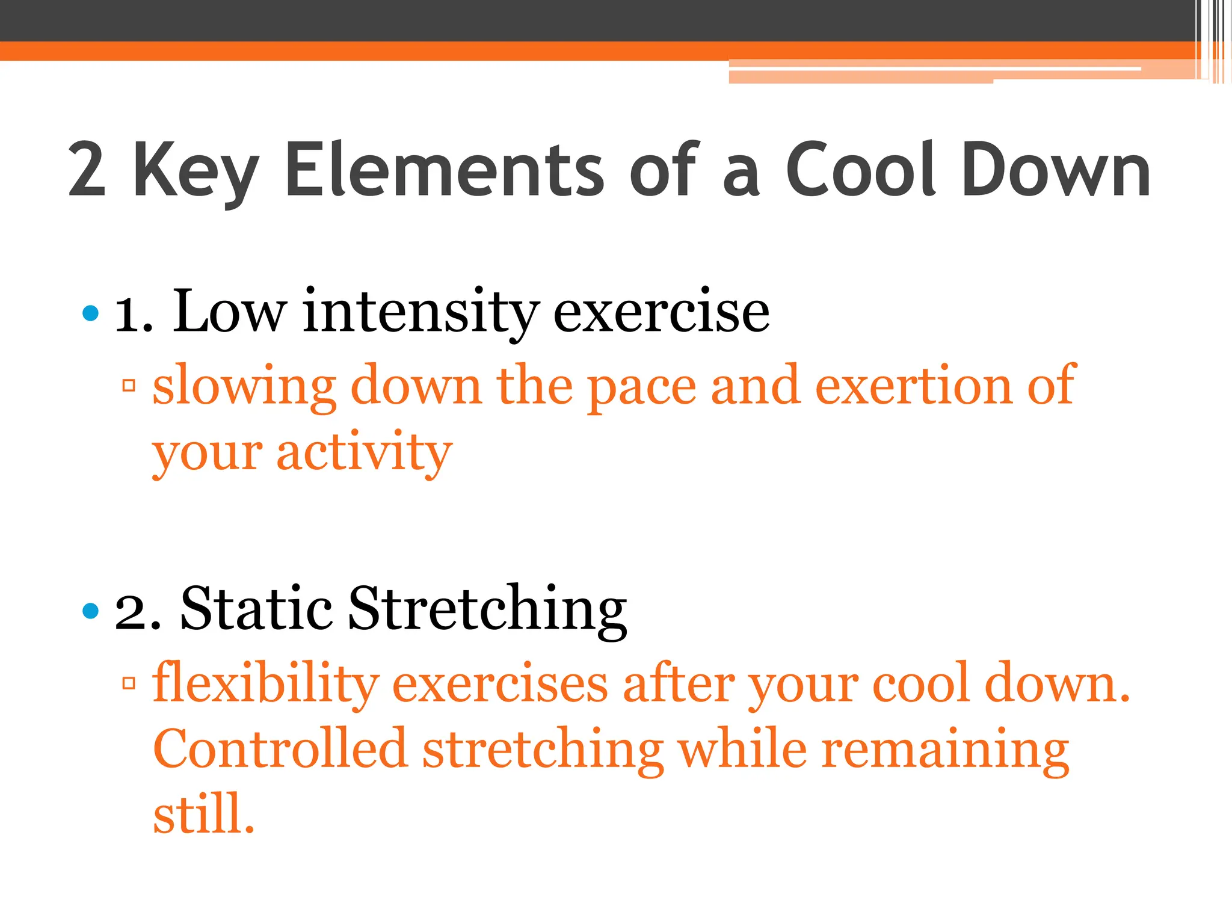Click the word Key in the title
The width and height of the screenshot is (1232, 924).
coord(196,171)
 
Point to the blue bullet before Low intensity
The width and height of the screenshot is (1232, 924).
coord(90,313)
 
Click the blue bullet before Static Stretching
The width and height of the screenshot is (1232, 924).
coord(90,611)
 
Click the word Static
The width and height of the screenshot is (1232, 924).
coord(256,609)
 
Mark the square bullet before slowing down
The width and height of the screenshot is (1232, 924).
coord(128,386)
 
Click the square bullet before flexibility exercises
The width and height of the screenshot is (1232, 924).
coord(128,683)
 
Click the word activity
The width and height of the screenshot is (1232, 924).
coord(364,452)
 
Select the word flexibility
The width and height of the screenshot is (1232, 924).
coord(265,683)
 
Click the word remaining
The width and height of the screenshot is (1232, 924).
coord(944,751)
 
